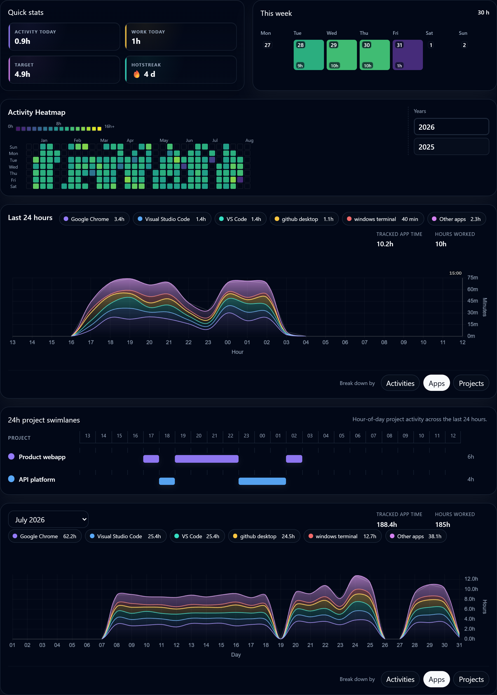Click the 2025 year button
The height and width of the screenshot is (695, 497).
click(451, 147)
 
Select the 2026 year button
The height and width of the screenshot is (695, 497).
click(451, 127)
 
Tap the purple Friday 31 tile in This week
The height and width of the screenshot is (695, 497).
click(407, 55)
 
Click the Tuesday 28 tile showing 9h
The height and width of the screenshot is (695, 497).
click(309, 55)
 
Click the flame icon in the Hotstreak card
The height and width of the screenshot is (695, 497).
click(136, 74)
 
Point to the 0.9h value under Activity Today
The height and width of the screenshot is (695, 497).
click(22, 41)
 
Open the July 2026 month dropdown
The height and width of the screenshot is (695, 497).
click(48, 519)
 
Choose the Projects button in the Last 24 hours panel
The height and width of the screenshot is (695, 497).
click(471, 383)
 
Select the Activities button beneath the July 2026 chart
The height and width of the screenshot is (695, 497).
click(400, 679)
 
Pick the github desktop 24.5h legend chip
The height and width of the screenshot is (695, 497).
click(264, 536)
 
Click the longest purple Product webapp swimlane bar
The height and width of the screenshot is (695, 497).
click(206, 459)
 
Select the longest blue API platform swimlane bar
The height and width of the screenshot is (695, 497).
click(262, 481)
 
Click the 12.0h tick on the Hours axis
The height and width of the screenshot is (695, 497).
click(471, 579)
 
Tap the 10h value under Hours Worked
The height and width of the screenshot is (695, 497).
click(441, 244)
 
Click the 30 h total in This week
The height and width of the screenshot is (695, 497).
click(483, 13)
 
